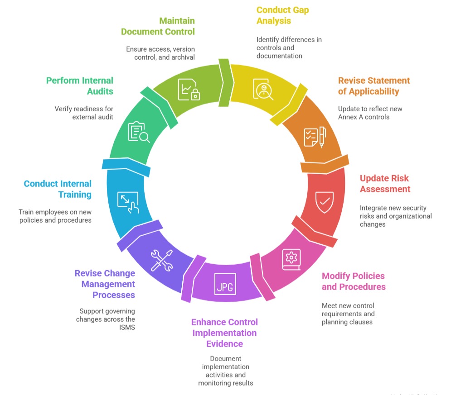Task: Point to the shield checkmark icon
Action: coord(325,201)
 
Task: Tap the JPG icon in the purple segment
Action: coord(225,284)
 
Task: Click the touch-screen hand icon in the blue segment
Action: coord(128,202)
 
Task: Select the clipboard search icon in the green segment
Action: coord(139,133)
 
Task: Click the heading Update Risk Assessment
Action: coord(385,183)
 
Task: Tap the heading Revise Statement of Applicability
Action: coord(373,86)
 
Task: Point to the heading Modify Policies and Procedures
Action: coord(353,281)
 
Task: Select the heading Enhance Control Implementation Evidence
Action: coord(224,333)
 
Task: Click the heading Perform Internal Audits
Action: coord(80,86)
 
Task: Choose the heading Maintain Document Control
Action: coord(158,26)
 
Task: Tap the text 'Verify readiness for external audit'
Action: coord(84,113)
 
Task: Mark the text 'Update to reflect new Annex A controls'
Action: coord(370,113)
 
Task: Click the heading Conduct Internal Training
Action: coord(58,189)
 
